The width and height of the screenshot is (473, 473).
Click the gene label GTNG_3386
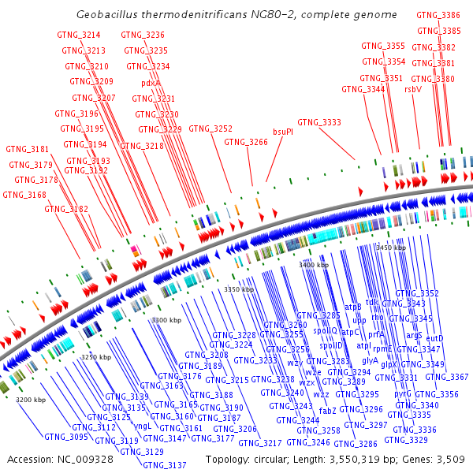click(438, 15)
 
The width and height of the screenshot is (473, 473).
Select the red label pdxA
click(151, 83)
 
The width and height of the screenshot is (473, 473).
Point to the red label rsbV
click(412, 89)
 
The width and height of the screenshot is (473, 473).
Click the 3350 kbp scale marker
click(239, 289)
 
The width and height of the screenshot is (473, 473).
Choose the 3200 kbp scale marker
click(31, 400)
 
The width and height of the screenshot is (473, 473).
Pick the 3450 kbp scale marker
click(390, 248)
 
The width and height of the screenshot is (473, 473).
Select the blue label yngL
click(143, 426)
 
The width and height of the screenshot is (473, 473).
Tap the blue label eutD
click(434, 338)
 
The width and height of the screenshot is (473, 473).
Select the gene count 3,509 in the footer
click(450, 459)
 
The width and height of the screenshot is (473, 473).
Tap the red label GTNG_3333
click(319, 122)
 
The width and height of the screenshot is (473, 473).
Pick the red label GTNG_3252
click(210, 128)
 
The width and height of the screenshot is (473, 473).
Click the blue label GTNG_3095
click(65, 437)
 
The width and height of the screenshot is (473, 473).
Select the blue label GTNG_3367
click(447, 377)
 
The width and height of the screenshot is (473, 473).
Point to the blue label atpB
click(353, 306)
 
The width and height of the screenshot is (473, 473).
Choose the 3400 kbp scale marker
click(314, 265)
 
